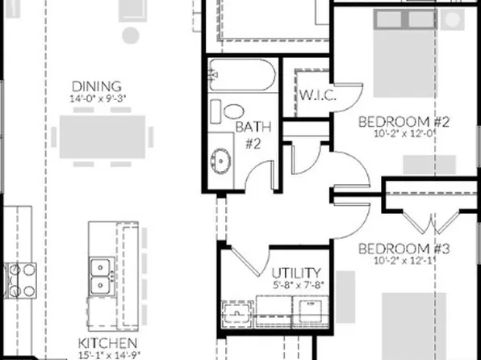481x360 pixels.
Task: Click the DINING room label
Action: pyautogui.click(x=96, y=86)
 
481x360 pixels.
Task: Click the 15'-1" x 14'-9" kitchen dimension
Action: pyautogui.click(x=102, y=354)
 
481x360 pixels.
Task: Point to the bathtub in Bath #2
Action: pyautogui.click(x=242, y=80)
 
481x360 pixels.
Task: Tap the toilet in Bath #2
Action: pyautogui.click(x=232, y=111)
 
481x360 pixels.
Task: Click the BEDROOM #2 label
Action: pyautogui.click(x=404, y=122)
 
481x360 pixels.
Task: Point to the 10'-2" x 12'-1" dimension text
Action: pyautogui.click(x=404, y=260)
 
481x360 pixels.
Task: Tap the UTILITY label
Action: pyautogui.click(x=296, y=273)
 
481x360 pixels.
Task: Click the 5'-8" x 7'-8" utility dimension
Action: pyautogui.click(x=296, y=284)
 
